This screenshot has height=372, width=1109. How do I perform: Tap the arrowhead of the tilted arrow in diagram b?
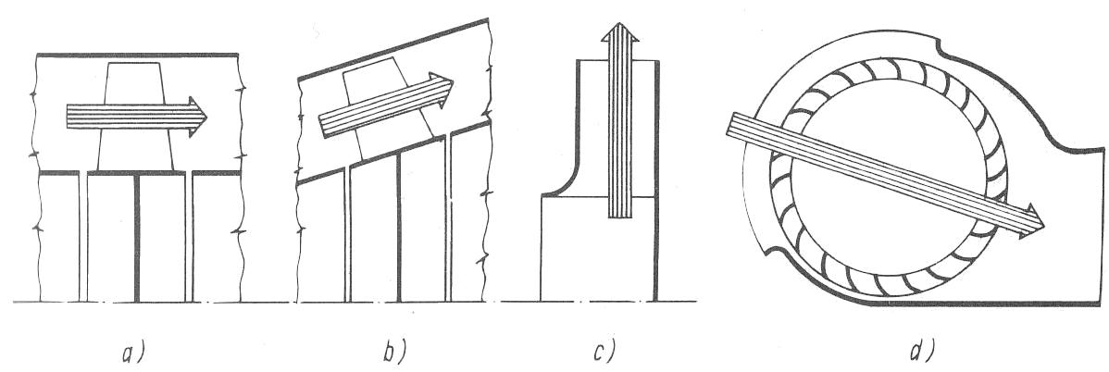coord(445,90)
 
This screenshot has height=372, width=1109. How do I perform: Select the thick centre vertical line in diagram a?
coord(137,236)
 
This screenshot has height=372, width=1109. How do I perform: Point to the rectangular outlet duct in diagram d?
coord(1065,222)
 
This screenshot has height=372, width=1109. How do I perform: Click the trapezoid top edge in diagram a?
coord(137,63)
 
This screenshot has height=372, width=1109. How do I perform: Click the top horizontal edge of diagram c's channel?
coord(617,61)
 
